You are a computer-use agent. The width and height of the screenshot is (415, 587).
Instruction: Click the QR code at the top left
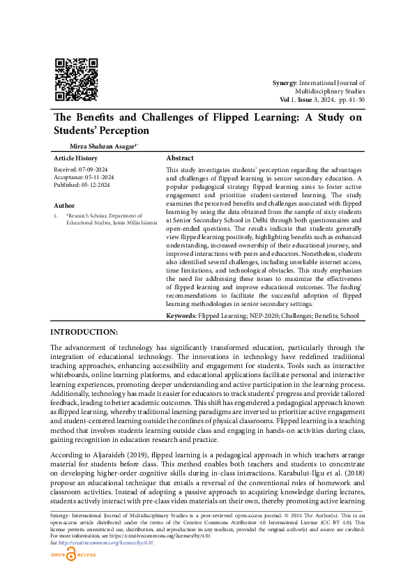pyautogui.click(x=76, y=79)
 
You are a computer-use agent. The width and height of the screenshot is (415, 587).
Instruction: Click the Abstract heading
pyautogui.click(x=180, y=158)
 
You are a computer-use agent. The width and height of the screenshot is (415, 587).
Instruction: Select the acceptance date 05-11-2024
pyautogui.click(x=98, y=177)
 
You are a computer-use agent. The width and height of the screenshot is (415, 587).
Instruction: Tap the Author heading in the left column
pyautogui.click(x=64, y=206)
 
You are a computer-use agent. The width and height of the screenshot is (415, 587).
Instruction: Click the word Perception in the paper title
pyautogui.click(x=124, y=130)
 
